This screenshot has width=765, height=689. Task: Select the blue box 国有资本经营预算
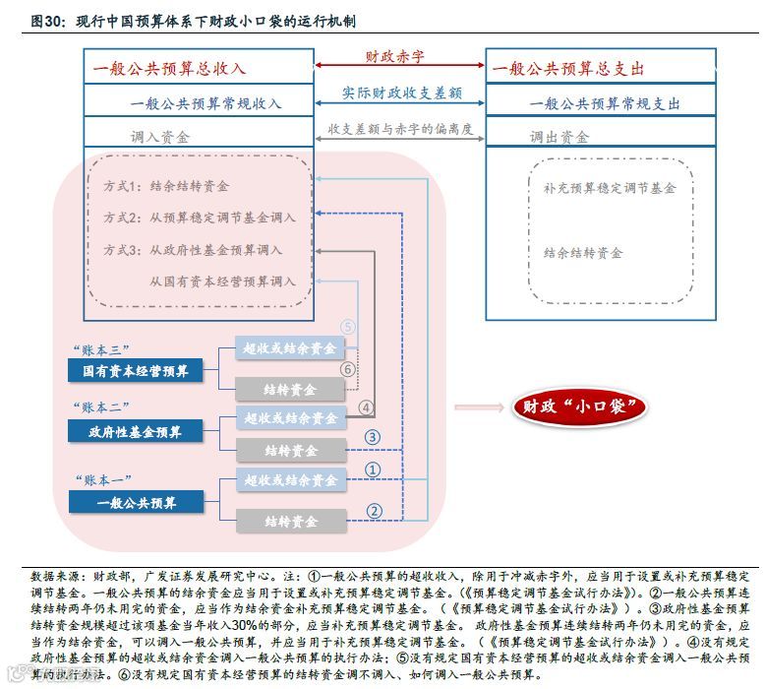click(x=136, y=371)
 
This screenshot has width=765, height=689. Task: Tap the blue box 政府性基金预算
click(x=136, y=430)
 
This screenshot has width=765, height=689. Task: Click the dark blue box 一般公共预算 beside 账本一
click(x=136, y=502)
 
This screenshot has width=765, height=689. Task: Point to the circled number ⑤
click(x=348, y=328)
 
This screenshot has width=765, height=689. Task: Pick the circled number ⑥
click(x=347, y=369)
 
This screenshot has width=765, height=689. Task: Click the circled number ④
click(x=365, y=407)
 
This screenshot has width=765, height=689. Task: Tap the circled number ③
click(x=372, y=438)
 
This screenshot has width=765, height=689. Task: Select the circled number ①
click(x=372, y=470)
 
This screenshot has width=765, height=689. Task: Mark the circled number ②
click(x=372, y=510)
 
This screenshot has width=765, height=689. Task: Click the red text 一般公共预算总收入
click(x=169, y=69)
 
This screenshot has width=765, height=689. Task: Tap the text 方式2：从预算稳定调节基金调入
click(x=200, y=218)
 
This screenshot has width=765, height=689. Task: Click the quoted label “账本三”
click(x=101, y=349)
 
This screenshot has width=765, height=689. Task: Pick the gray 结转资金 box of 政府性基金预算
click(x=291, y=450)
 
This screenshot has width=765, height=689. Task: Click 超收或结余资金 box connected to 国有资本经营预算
click(x=290, y=348)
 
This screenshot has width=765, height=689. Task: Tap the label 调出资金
click(x=559, y=137)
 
